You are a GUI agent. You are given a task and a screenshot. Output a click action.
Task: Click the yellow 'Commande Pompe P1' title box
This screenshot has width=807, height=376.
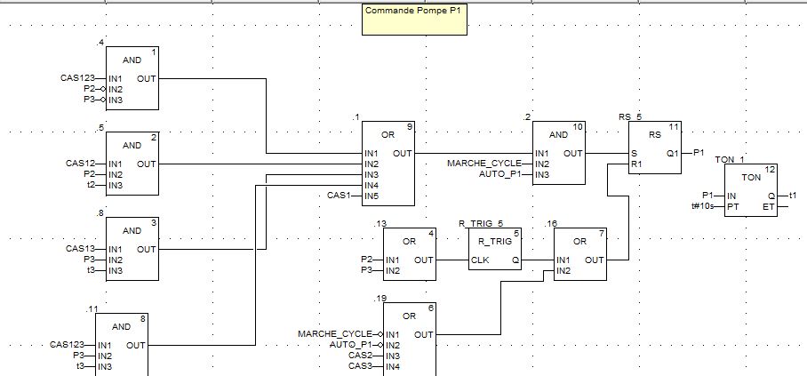tap(414, 20)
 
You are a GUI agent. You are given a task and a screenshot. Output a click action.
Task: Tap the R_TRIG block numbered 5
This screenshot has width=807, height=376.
tap(494, 253)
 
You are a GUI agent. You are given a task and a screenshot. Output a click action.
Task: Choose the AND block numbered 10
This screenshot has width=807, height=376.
tap(559, 153)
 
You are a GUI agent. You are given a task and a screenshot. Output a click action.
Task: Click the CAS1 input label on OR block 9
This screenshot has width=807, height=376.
tap(340, 196)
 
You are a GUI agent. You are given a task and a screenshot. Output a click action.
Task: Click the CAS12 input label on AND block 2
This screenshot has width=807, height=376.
tap(80, 164)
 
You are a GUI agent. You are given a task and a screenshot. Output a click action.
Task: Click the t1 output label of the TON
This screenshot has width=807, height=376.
tap(794, 196)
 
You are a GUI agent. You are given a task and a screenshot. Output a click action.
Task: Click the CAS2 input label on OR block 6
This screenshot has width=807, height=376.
tap(361, 355)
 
